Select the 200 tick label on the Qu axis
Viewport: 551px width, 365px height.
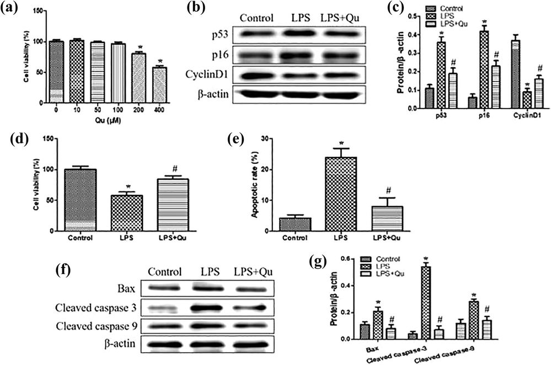pyautogui.click(x=139, y=109)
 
